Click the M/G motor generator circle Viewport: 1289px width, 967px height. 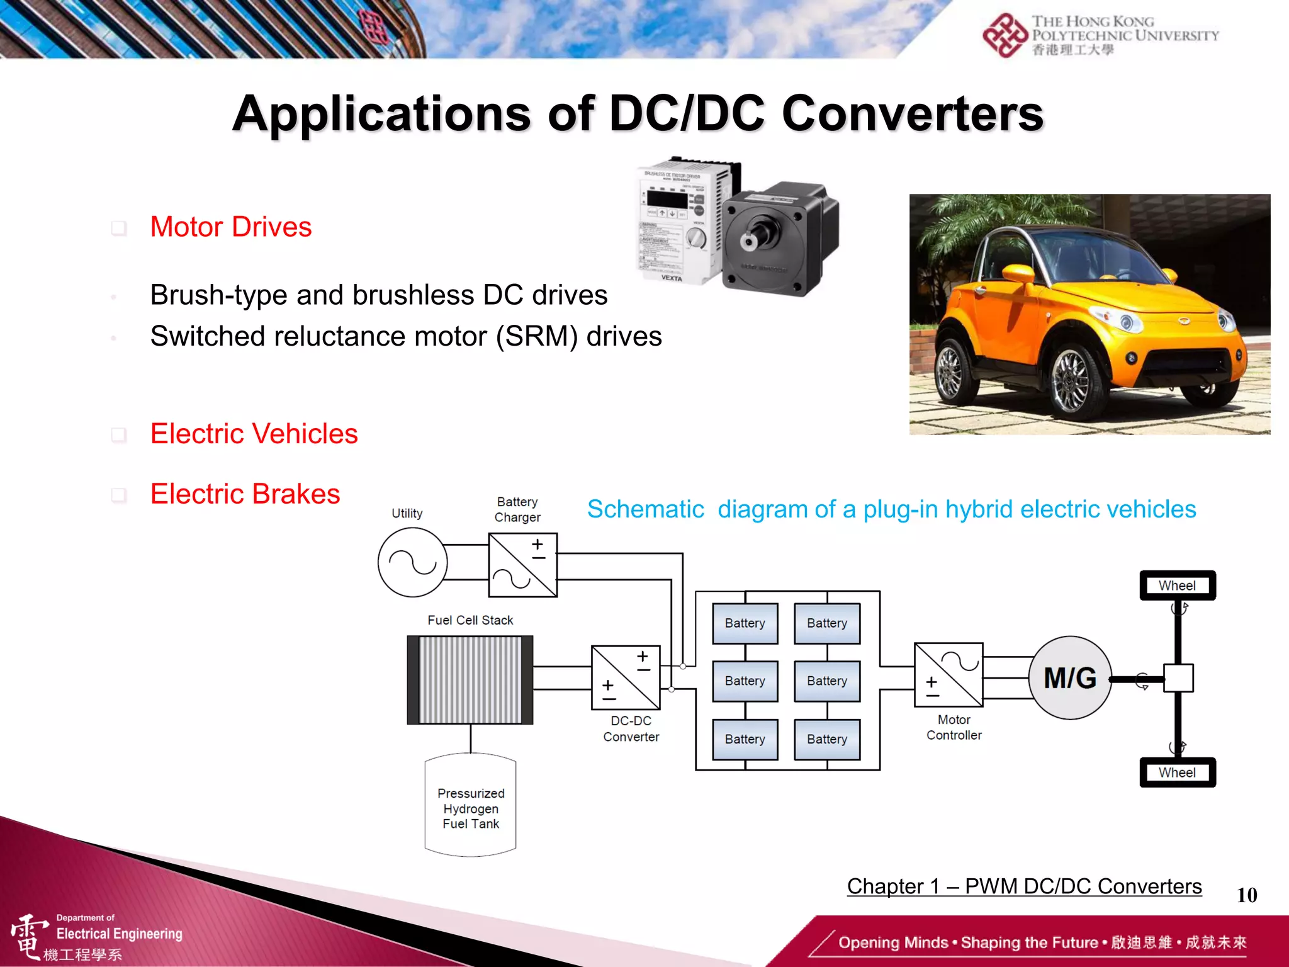tap(1070, 678)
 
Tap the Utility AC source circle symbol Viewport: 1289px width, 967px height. tap(412, 562)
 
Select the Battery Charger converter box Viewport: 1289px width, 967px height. tap(522, 565)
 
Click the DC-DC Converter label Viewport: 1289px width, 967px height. tap(631, 728)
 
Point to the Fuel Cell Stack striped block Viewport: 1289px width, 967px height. tap(470, 680)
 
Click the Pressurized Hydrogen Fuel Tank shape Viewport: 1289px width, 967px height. tap(470, 806)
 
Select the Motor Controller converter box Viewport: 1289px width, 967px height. tap(948, 674)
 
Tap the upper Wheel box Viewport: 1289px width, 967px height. tap(1177, 585)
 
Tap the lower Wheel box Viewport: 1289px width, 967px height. tap(1177, 772)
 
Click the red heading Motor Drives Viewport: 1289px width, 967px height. tap(231, 227)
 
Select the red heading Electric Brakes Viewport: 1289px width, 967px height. tap(245, 494)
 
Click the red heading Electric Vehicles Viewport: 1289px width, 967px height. tap(254, 434)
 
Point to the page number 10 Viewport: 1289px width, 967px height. tap(1246, 895)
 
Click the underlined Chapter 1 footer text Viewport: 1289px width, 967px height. tap(1024, 886)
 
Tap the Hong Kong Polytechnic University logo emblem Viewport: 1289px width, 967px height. tap(1005, 35)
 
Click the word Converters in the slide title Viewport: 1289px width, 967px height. tap(913, 113)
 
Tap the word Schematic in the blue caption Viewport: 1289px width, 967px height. tap(645, 509)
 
